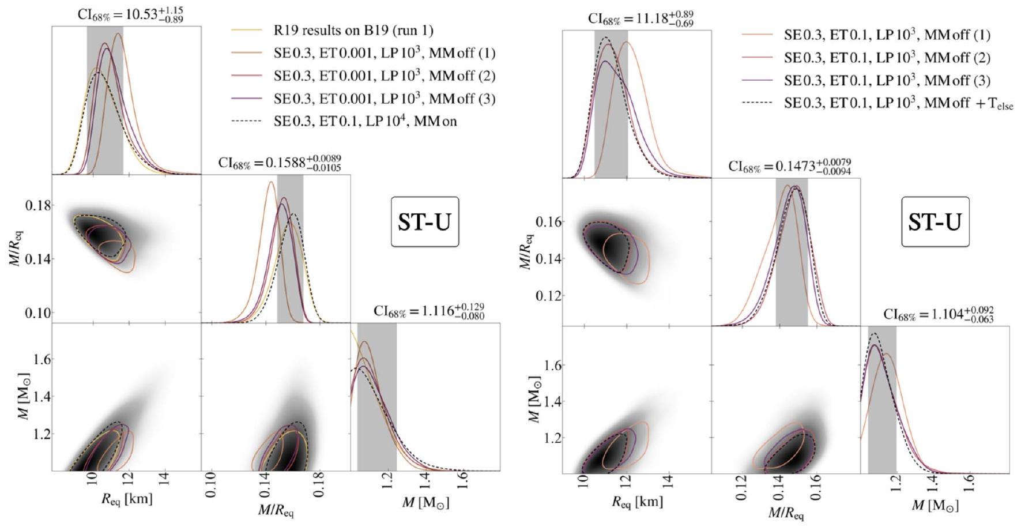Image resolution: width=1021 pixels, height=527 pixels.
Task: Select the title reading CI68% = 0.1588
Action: coord(280,163)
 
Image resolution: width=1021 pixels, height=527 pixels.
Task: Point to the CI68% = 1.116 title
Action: coord(429,311)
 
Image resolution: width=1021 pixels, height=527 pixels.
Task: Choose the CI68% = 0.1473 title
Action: coord(790,167)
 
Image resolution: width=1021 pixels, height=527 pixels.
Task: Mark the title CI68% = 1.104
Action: coord(939,315)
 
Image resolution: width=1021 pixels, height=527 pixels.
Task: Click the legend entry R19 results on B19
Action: coord(353,30)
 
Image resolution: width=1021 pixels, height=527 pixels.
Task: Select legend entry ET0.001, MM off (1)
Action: coord(385,53)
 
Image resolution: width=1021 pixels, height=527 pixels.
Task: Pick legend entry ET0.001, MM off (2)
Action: coord(385,76)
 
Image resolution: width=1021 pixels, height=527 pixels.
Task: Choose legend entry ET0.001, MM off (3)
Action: coord(385,99)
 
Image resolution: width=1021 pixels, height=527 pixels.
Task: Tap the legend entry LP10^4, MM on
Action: coord(365,122)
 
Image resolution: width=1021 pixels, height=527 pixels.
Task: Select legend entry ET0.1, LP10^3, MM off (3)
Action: coord(887,81)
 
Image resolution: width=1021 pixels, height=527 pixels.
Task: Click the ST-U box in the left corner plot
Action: coord(425,222)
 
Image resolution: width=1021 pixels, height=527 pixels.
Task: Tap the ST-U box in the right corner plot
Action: coord(935,222)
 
